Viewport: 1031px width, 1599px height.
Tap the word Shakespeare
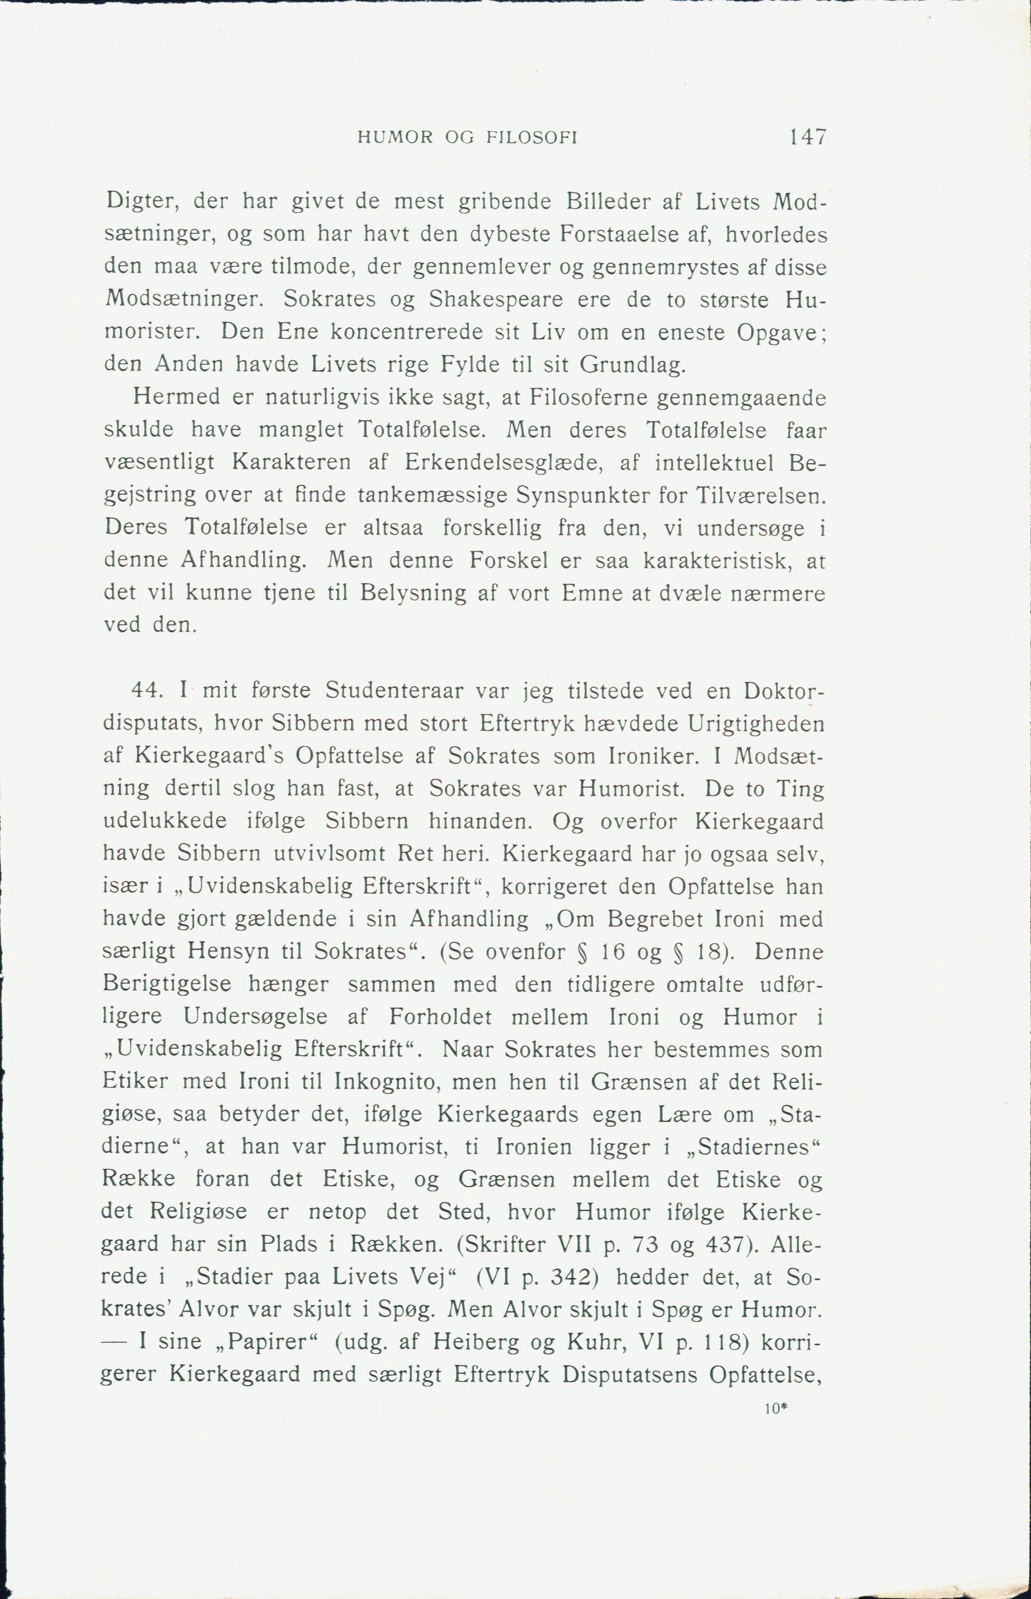[x=496, y=299]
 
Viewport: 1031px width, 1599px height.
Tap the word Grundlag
[x=633, y=365]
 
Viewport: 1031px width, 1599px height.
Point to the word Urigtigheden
[x=756, y=723]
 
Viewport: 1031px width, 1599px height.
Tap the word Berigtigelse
[x=167, y=984]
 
